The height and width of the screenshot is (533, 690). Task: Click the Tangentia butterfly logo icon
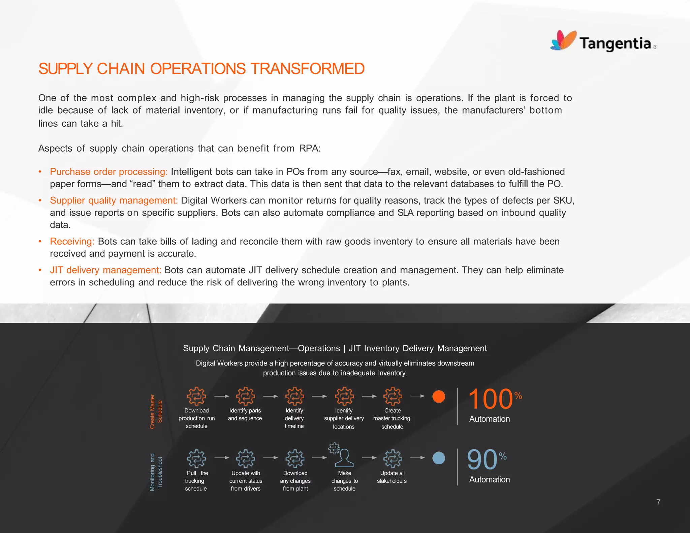pos(563,40)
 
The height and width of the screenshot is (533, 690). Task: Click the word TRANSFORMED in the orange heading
pos(307,69)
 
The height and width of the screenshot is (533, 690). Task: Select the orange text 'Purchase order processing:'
pos(108,172)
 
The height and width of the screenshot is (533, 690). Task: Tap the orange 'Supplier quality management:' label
pos(114,200)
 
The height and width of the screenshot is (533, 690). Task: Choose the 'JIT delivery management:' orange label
pos(105,270)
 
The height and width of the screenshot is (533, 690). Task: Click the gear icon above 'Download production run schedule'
pos(196,396)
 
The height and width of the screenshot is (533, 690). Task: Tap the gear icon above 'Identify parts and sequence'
pos(245,396)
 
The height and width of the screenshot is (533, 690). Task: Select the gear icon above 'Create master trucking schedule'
pos(393,396)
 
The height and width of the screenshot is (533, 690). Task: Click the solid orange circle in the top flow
pos(439,397)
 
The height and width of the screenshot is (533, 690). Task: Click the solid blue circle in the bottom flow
pos(439,458)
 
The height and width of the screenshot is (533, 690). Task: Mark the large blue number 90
pos(482,460)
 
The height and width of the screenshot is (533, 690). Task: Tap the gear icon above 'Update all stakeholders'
pos(393,459)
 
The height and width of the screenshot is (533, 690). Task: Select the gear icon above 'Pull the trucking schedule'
pos(196,459)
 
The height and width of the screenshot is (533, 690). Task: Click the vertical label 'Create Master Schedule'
pos(156,411)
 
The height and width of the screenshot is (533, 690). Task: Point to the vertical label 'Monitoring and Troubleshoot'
pos(156,472)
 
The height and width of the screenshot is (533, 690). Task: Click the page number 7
pos(658,502)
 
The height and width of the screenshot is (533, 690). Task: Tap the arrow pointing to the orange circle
pos(417,396)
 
